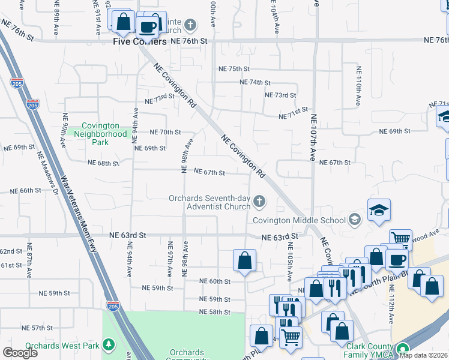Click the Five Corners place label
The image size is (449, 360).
[140, 42]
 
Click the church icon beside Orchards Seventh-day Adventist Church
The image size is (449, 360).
[259, 201]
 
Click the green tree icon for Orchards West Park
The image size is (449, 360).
[109, 345]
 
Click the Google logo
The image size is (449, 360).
[20, 352]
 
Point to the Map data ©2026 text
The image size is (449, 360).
[423, 355]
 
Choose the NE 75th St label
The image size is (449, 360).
[234, 69]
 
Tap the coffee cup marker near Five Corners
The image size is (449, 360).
[147, 26]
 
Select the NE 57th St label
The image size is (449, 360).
[37, 328]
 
